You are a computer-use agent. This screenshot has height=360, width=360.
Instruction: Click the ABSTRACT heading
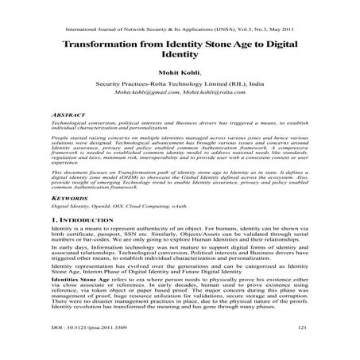pos(68,115)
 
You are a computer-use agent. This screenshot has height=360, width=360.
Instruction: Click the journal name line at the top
pos(179,25)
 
